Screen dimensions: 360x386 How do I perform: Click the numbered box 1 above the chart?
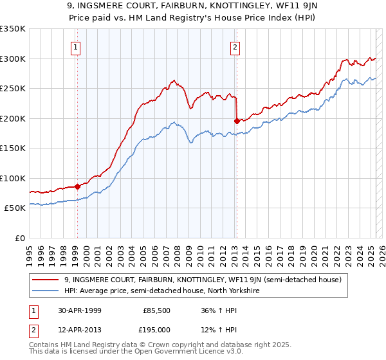click(76, 46)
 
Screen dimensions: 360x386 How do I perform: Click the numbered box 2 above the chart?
click(235, 46)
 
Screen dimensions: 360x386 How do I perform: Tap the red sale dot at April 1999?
click(77, 186)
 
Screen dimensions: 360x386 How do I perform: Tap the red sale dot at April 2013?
click(237, 121)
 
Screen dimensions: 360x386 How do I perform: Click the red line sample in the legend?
click(46, 280)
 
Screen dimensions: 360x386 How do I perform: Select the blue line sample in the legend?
click(46, 291)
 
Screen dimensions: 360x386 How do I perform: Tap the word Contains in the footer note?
click(46, 345)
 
